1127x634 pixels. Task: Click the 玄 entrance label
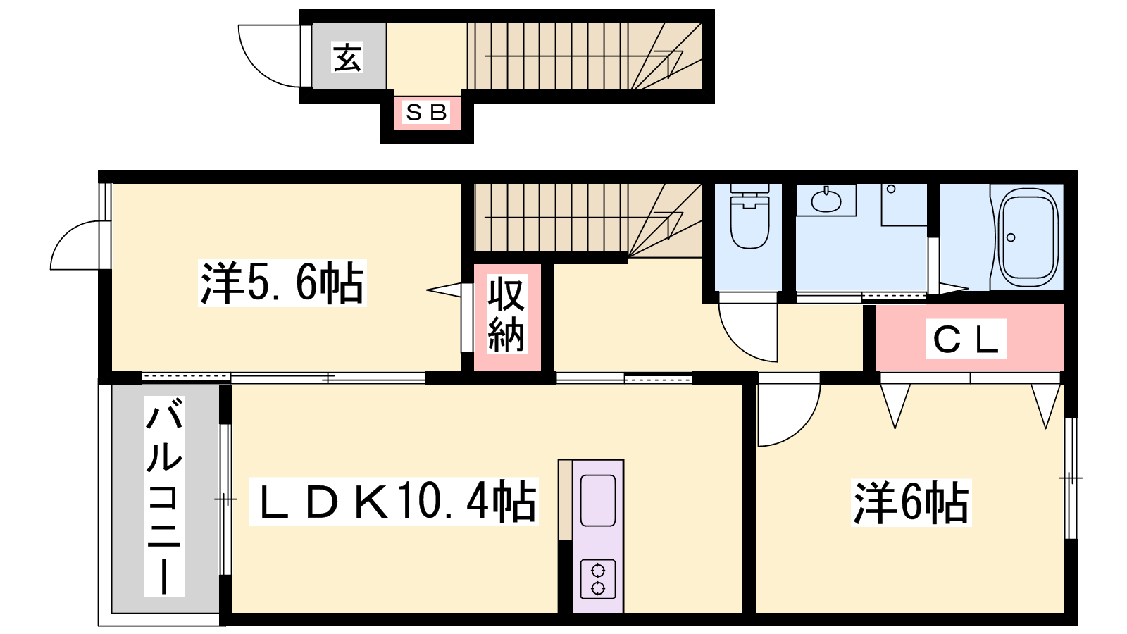tap(348, 57)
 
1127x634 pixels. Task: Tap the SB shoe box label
tap(426, 112)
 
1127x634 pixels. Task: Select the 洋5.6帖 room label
tap(282, 282)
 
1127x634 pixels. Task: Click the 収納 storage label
tap(506, 314)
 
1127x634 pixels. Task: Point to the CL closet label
tap(966, 339)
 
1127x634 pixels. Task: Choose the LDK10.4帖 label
tap(394, 501)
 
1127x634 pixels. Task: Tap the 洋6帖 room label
tap(911, 503)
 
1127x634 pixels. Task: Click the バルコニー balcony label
tap(164, 496)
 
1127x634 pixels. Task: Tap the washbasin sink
tap(826, 201)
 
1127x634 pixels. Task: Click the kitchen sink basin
tap(598, 500)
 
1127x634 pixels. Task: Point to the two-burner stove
tap(598, 578)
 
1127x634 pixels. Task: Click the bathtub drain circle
tap(1011, 237)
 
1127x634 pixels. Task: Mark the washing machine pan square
tap(904, 205)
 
